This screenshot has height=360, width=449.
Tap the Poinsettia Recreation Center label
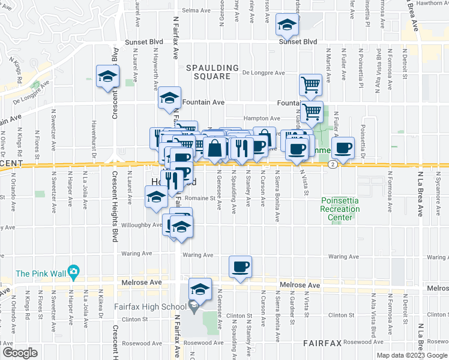point(340,209)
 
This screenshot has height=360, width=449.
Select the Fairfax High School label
point(151,307)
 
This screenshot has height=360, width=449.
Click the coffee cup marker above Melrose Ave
point(240,266)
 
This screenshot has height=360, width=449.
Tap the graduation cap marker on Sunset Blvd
point(287,25)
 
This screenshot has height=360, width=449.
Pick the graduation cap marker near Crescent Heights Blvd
point(108,76)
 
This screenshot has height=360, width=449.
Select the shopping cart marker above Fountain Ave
point(310,84)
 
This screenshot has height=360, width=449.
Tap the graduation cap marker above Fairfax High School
point(200,289)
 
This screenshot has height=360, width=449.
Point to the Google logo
point(20,352)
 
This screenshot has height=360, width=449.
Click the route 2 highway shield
point(332,164)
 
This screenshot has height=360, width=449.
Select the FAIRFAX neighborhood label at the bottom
point(322,343)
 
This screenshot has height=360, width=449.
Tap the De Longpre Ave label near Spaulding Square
point(263,73)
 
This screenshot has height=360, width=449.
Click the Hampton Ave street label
point(261,119)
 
